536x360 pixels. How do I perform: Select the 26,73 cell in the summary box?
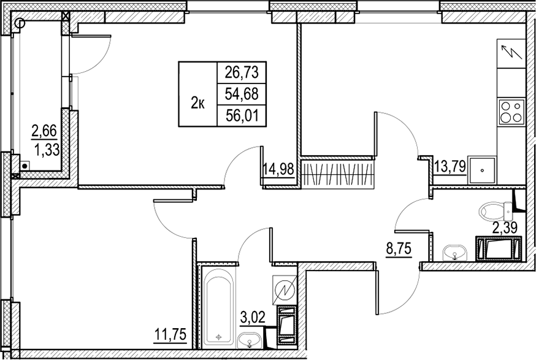242,72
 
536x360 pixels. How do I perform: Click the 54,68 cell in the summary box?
242,93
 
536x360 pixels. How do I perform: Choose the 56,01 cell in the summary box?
242,115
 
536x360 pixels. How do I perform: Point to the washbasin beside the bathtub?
250,340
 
